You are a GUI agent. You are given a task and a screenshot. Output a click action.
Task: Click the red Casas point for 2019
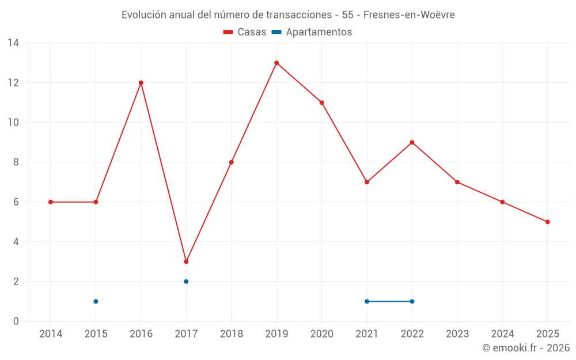pyautogui.click(x=276, y=63)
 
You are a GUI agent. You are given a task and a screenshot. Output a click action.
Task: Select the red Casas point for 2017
pyautogui.click(x=186, y=262)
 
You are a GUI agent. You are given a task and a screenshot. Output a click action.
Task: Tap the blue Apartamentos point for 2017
pyautogui.click(x=186, y=282)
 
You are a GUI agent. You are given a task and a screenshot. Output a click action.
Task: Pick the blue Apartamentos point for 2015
pyautogui.click(x=96, y=301)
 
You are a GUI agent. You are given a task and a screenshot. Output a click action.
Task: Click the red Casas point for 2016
pyautogui.click(x=141, y=83)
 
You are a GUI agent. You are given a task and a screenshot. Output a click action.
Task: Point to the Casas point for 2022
pyautogui.click(x=412, y=142)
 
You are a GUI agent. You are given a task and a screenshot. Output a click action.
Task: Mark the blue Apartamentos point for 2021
pyautogui.click(x=367, y=301)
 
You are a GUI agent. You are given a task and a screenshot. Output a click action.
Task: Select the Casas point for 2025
pyautogui.click(x=547, y=222)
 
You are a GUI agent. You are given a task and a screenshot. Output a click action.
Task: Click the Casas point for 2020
pyautogui.click(x=321, y=103)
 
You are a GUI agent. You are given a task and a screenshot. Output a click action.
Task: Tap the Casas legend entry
pyautogui.click(x=245, y=32)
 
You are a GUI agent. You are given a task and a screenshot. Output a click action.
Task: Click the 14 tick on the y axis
pyautogui.click(x=13, y=43)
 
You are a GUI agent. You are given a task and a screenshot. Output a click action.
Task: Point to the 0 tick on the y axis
pyautogui.click(x=16, y=321)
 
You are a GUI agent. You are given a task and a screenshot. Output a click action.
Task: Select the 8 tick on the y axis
pyautogui.click(x=16, y=162)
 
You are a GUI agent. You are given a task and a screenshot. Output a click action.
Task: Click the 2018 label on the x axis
pyautogui.click(x=231, y=334)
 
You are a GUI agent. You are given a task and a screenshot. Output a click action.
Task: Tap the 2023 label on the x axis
pyautogui.click(x=457, y=334)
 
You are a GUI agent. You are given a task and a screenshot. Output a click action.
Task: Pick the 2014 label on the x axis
pyautogui.click(x=51, y=334)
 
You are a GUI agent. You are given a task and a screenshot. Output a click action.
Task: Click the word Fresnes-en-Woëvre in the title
pyautogui.click(x=409, y=15)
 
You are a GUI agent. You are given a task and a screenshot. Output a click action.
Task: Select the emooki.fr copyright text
pyautogui.click(x=525, y=348)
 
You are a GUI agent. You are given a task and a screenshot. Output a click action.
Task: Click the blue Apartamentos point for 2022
pyautogui.click(x=412, y=301)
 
